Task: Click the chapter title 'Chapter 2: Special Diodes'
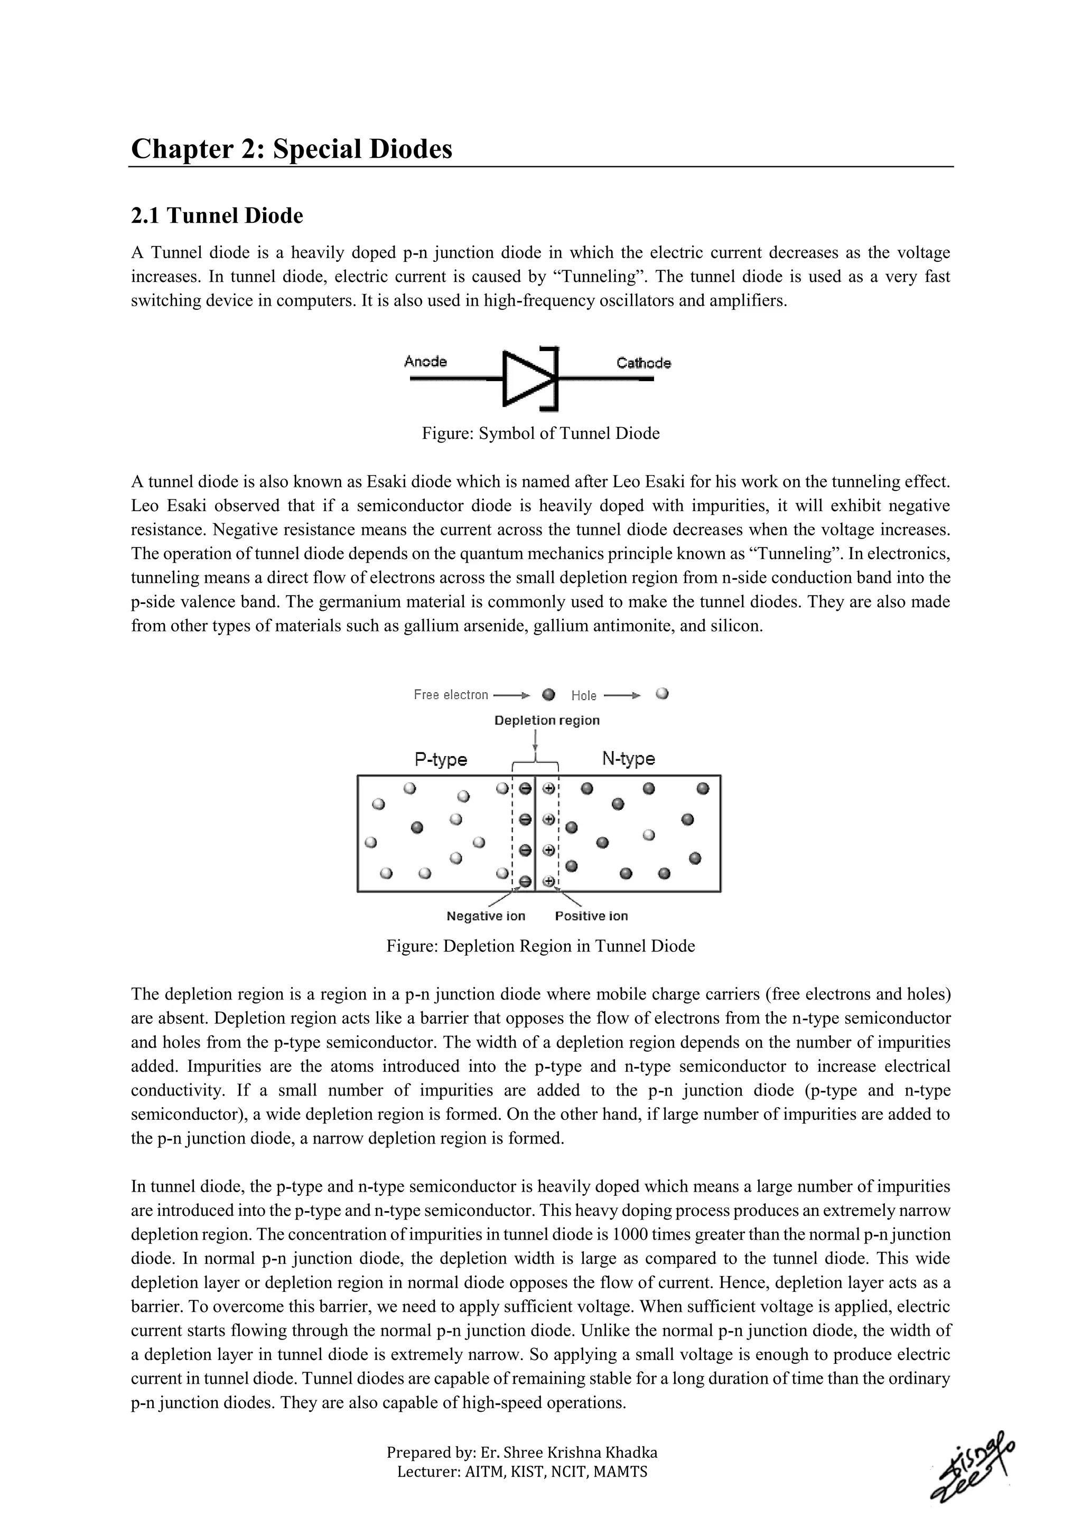coord(291,148)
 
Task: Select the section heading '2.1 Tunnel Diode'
coord(217,216)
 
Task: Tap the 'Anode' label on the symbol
coord(425,362)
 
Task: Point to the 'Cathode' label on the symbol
coord(643,363)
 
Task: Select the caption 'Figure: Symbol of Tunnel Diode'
coord(540,433)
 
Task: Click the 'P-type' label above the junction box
coord(441,759)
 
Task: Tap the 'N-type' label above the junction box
coord(628,759)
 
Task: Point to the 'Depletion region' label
coord(546,721)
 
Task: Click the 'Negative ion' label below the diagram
coord(486,917)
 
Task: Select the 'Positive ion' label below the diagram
coord(591,917)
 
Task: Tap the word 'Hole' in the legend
coord(584,696)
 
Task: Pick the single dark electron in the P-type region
coord(417,828)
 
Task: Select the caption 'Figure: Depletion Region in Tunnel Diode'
coord(540,946)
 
